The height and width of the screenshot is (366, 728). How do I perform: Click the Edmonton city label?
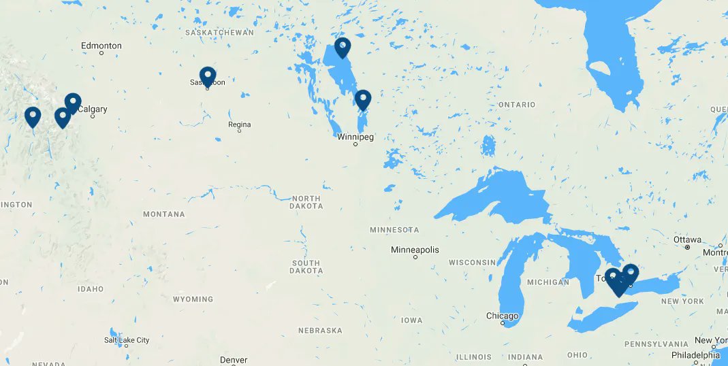[101, 46]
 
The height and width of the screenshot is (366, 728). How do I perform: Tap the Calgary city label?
[93, 109]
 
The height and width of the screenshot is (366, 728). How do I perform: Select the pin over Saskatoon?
[208, 77]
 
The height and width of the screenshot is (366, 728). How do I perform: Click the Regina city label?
[240, 124]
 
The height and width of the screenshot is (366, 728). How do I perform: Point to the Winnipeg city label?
[355, 137]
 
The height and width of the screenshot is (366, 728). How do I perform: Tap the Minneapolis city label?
[415, 250]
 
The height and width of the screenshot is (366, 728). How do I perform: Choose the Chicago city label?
[502, 316]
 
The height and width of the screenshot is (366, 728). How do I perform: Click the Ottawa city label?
[687, 239]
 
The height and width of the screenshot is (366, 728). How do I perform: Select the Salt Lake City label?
[127, 340]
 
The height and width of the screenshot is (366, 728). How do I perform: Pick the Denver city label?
[234, 359]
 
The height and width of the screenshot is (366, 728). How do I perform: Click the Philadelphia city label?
[695, 355]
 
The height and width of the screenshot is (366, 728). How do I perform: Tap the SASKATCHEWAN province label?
[219, 32]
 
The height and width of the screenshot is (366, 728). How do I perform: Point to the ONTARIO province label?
[516, 105]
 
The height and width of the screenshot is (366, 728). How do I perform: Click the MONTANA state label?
[163, 214]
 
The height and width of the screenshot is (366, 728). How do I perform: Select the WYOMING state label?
[193, 299]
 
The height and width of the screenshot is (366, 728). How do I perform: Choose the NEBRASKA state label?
[320, 331]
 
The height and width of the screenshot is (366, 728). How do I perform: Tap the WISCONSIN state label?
[472, 262]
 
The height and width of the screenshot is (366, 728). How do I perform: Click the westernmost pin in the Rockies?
[32, 116]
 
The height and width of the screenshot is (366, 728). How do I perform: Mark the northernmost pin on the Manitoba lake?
[342, 47]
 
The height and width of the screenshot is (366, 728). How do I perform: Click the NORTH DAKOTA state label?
[306, 201]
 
